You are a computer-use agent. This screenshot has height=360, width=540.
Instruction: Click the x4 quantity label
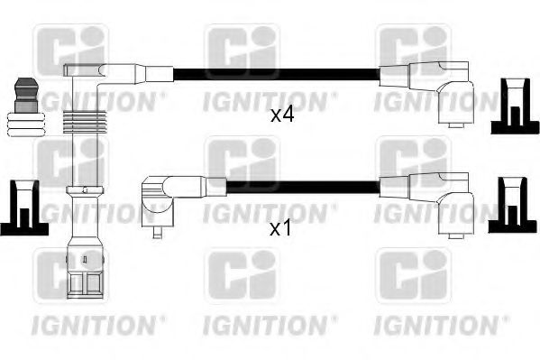coord(282,115)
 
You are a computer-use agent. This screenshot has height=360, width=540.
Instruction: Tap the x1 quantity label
coord(282,228)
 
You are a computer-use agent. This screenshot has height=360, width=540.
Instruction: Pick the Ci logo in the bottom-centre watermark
coord(242,276)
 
